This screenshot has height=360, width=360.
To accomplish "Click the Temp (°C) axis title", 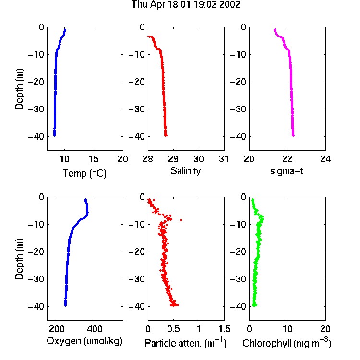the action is [x=84, y=173].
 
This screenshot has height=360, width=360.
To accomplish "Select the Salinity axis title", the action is [x=185, y=171].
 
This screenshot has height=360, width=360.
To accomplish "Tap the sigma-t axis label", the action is [x=287, y=171].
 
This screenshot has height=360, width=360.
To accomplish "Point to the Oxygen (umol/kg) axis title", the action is [x=84, y=341].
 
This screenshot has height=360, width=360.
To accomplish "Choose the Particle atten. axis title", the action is [x=186, y=343].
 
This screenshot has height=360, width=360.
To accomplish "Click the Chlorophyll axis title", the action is [x=287, y=343].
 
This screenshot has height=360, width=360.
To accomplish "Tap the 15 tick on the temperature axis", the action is [x=94, y=159].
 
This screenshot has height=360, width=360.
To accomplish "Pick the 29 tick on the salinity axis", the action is [x=173, y=159].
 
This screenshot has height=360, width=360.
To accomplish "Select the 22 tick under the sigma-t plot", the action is [x=287, y=159].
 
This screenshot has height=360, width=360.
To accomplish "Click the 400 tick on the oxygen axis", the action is [x=95, y=329].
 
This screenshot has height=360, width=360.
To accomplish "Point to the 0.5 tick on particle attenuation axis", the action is [x=173, y=329].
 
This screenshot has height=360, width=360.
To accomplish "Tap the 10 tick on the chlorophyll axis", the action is [x=287, y=329].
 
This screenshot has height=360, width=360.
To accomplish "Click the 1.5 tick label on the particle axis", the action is [x=224, y=329].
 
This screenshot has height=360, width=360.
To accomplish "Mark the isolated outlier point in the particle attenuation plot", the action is [x=181, y=220].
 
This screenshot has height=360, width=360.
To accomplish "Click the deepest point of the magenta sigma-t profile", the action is [x=293, y=135].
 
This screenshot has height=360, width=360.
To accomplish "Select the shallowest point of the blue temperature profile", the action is [x=65, y=29].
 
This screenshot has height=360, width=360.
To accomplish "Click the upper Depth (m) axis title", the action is [x=19, y=89].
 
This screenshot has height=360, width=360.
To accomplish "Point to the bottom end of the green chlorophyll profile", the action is [x=254, y=305].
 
